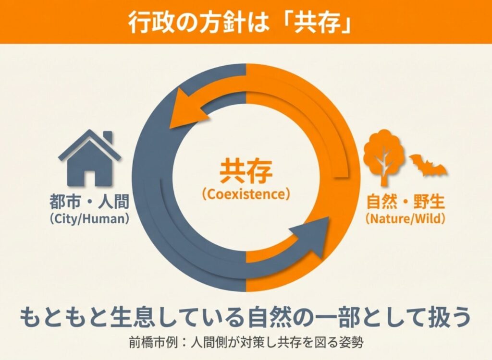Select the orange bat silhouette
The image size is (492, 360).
pyautogui.click(x=428, y=166)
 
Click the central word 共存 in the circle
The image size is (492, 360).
pyautogui.click(x=246, y=171)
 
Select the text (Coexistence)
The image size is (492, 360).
pyautogui.click(x=246, y=194)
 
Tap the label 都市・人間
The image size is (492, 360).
pyautogui.click(x=89, y=202)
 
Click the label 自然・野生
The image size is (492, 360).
pyautogui.click(x=405, y=202)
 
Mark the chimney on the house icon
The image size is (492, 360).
pyautogui.click(x=107, y=138)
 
